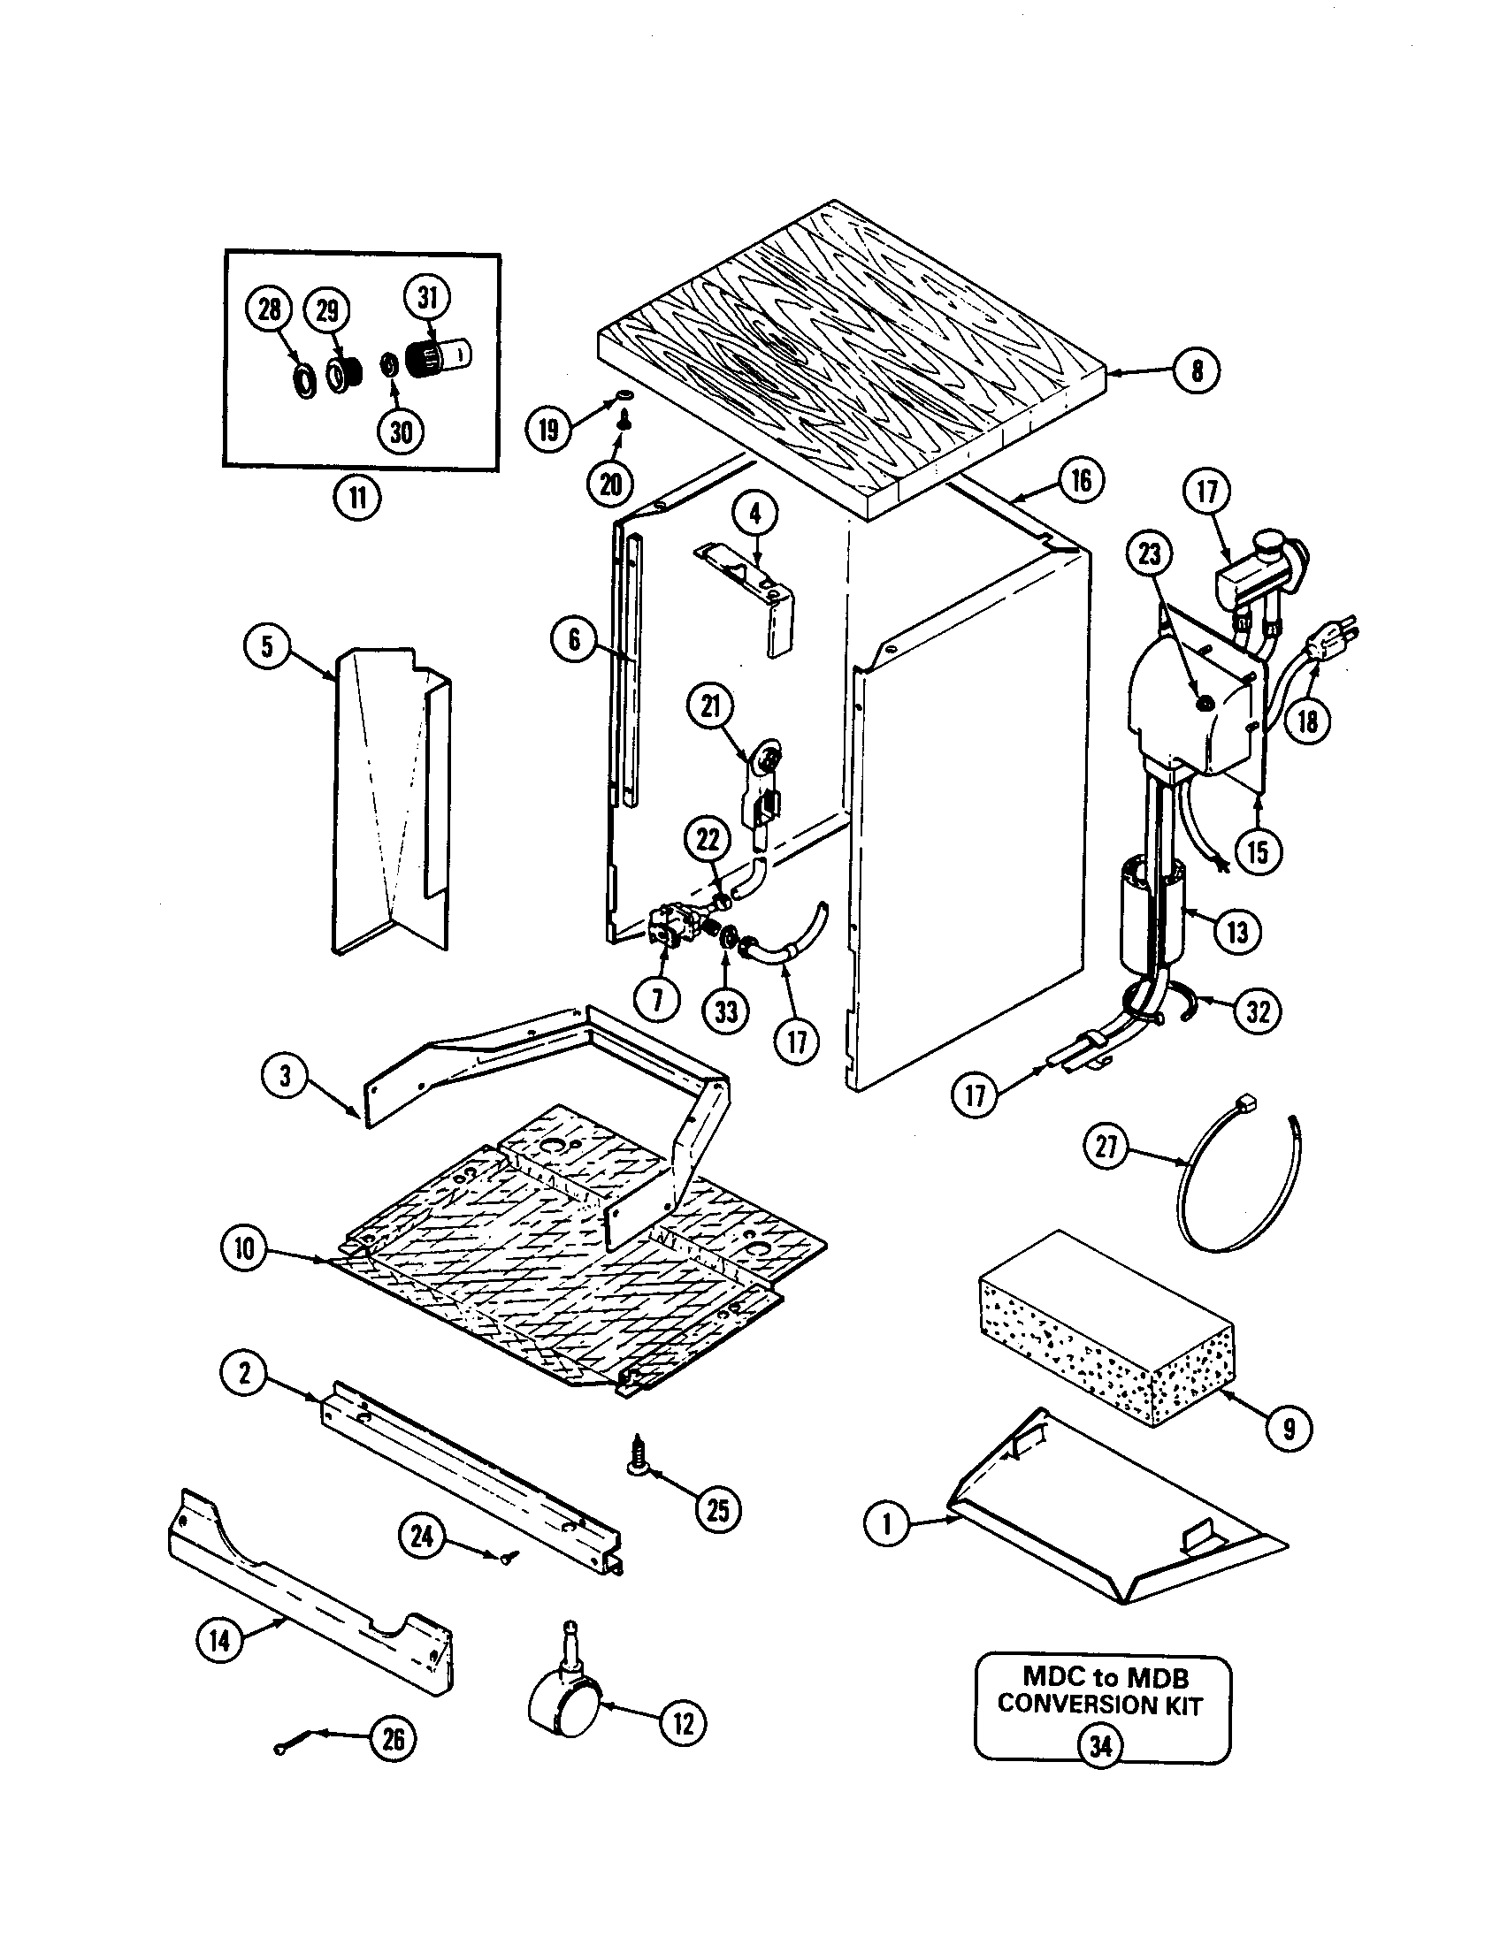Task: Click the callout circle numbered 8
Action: click(x=1197, y=370)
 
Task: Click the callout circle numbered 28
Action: click(x=269, y=309)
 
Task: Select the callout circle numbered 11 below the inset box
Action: click(x=357, y=498)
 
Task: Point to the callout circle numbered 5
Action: click(x=267, y=645)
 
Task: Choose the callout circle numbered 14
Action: click(x=220, y=1639)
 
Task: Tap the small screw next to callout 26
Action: click(x=294, y=1743)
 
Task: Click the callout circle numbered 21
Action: click(x=709, y=706)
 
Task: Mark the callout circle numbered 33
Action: click(x=726, y=1011)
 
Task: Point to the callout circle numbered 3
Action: click(x=285, y=1076)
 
